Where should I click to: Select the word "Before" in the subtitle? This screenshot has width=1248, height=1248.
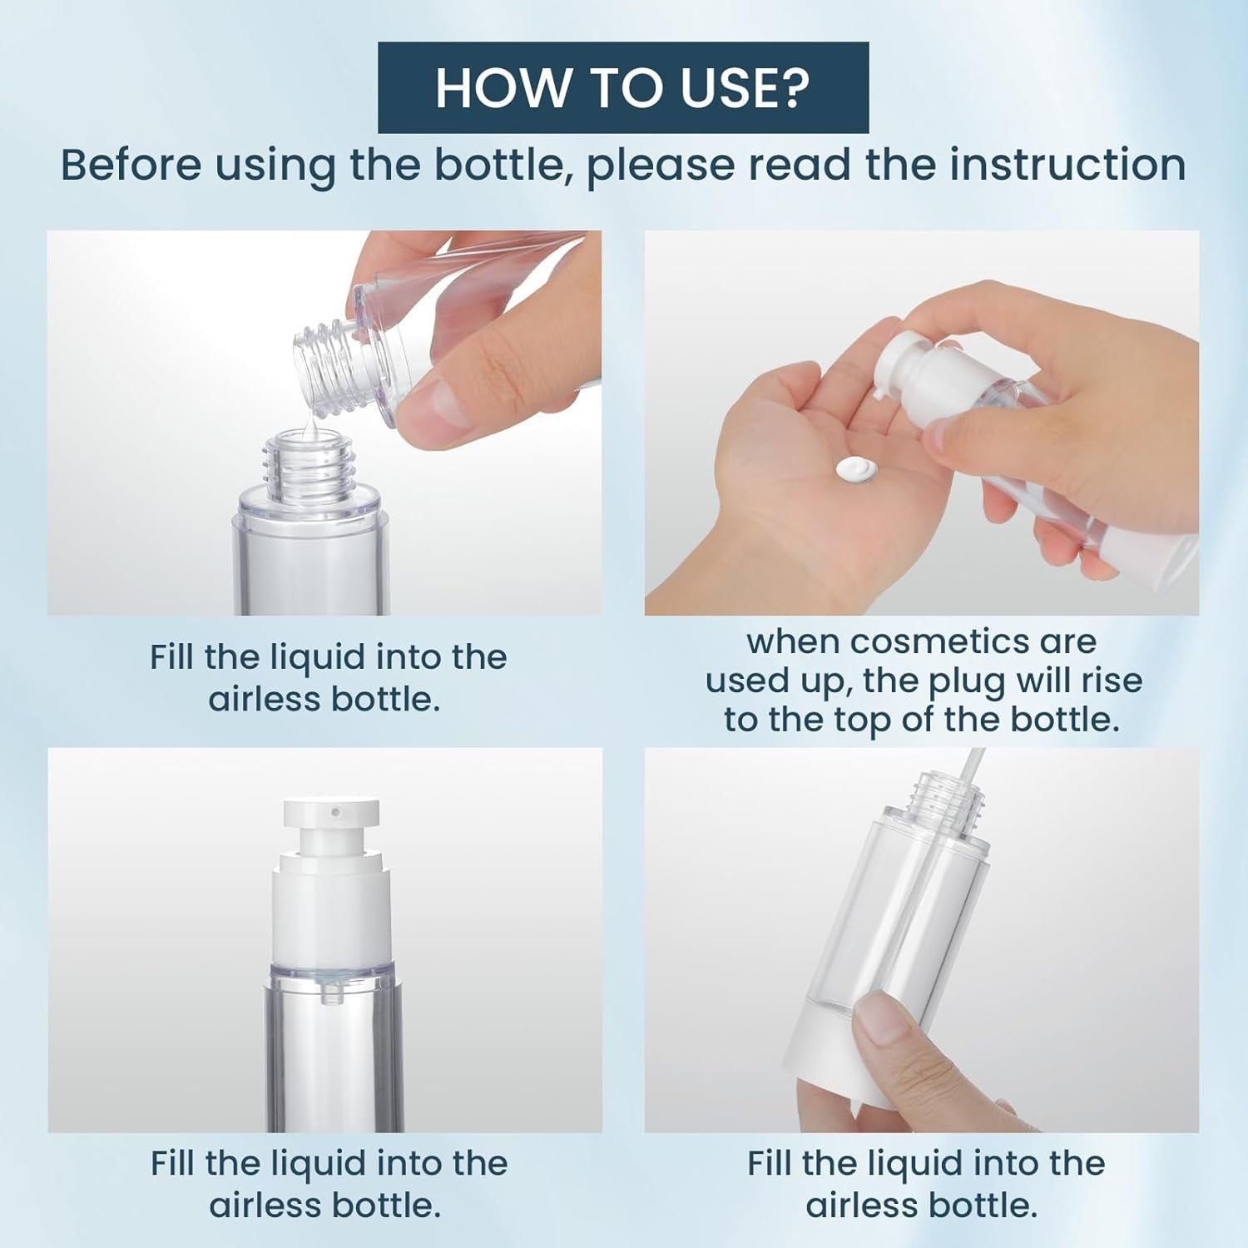131,164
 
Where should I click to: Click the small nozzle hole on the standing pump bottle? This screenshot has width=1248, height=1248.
335,811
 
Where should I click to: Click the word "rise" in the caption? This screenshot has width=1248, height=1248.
1112,681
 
